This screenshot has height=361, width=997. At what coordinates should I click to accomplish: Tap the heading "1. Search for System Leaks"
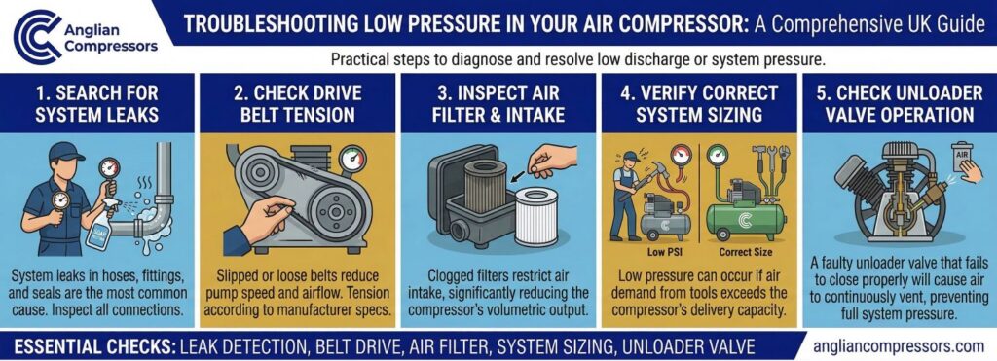pyautogui.click(x=98, y=104)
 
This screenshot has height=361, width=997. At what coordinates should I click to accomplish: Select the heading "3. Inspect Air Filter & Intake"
pyautogui.click(x=498, y=104)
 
